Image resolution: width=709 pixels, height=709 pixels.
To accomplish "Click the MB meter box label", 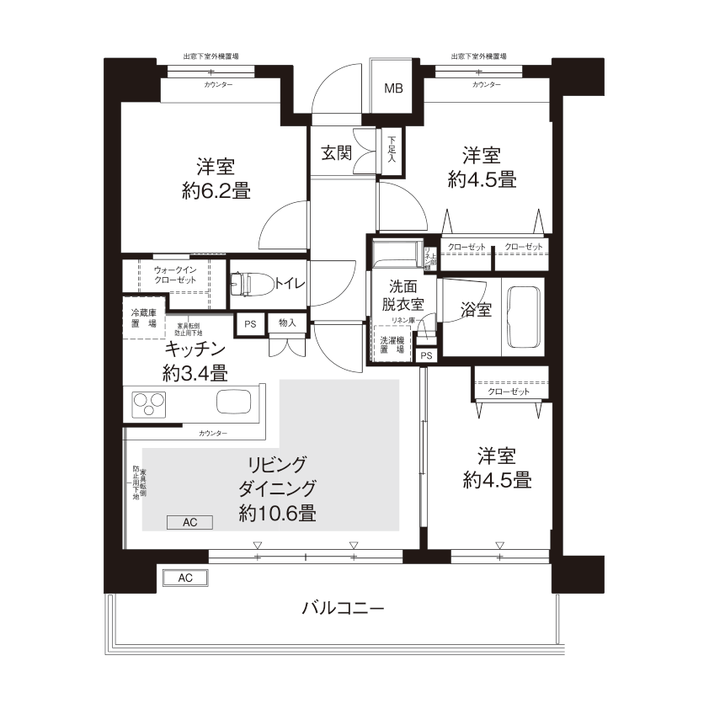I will click(393, 88).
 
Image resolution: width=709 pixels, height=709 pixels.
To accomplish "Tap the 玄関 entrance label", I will click(336, 153).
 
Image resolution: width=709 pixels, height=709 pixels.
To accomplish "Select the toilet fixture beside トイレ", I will click(249, 284).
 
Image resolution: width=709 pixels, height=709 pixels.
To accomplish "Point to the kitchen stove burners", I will click(147, 405).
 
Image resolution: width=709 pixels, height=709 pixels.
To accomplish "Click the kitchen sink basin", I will click(234, 402).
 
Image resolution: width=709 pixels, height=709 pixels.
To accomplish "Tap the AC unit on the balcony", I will click(185, 578).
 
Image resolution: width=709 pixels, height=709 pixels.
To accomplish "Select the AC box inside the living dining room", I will click(189, 522).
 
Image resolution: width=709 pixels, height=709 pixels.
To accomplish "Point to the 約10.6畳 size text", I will click(277, 513).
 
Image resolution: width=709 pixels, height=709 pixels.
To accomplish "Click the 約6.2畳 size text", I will click(216, 190).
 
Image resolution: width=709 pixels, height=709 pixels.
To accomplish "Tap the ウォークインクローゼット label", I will click(175, 275).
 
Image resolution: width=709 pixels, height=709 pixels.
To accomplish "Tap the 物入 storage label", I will click(287, 323).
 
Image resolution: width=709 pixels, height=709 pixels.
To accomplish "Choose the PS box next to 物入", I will click(249, 323).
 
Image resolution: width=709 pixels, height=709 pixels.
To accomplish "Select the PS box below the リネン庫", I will click(426, 355).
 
